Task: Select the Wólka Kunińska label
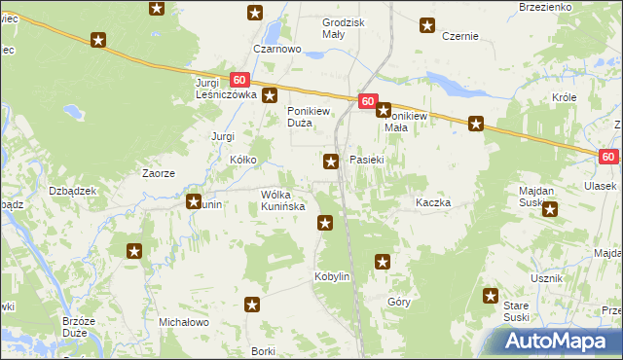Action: click(283, 200)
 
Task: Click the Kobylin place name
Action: click(331, 276)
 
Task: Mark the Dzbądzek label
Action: click(72, 191)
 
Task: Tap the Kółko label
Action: click(242, 158)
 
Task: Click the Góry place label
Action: click(398, 303)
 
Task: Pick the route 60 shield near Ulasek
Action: click(608, 156)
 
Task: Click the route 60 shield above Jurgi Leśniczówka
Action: click(240, 80)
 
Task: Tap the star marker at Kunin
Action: click(193, 202)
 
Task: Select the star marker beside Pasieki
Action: click(331, 162)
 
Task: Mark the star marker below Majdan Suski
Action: click(550, 208)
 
